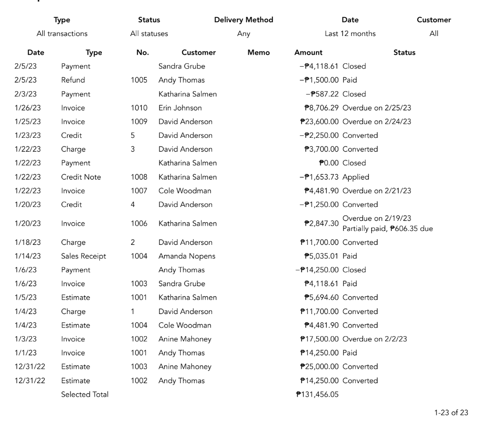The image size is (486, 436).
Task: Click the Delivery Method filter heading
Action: tap(243, 20)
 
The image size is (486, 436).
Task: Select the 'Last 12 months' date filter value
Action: tap(350, 34)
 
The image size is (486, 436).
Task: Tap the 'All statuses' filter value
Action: tap(149, 34)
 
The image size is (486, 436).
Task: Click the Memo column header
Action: tap(258, 52)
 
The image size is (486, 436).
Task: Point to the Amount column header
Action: tap(308, 52)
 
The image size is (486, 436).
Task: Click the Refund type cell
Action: tap(73, 80)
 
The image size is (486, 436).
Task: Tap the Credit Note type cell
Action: tap(81, 177)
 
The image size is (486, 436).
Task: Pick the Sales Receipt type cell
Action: tap(84, 256)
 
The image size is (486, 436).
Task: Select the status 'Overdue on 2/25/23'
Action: tap(377, 108)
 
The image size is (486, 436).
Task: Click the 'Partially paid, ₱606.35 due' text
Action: tap(388, 229)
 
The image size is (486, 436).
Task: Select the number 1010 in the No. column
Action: tap(139, 108)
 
